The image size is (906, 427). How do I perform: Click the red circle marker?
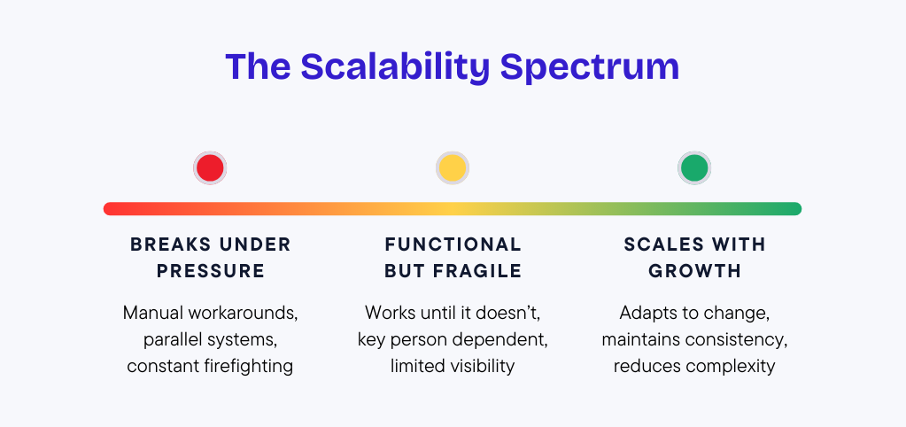[210, 168]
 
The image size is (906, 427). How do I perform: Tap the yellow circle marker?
[452, 168]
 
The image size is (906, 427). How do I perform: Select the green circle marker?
[694, 168]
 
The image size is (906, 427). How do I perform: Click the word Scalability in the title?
[395, 67]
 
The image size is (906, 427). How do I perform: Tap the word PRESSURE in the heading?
[211, 271]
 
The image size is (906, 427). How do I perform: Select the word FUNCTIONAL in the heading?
[453, 245]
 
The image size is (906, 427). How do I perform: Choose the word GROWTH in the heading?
[694, 271]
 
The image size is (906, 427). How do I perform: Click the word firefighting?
[252, 367]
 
